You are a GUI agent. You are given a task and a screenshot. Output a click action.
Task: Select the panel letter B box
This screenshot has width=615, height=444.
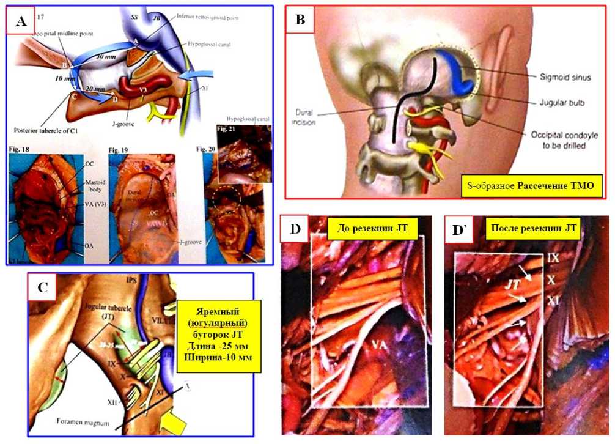pos(300,20)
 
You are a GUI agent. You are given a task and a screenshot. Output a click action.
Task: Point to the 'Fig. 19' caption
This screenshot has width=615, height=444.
pos(120,149)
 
